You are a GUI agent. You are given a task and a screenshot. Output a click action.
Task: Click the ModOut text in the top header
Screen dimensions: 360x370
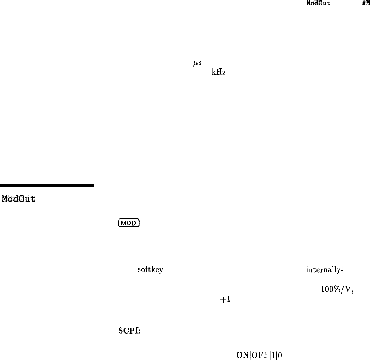[x=319, y=3]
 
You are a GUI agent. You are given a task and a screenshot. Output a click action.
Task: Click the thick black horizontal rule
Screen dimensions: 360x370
[x=47, y=185]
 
